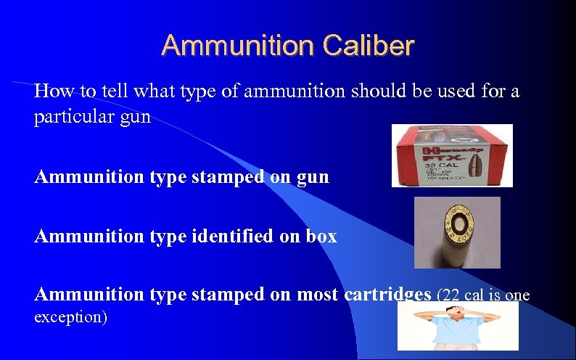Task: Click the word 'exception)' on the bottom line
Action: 70,317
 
